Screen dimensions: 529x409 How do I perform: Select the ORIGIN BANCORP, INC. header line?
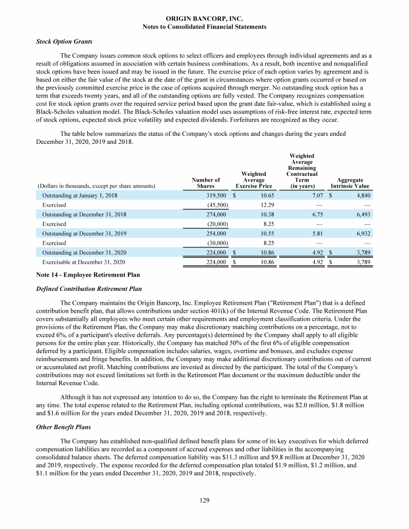pyautogui.click(x=204, y=19)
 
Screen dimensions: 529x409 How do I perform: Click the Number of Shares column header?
pyautogui.click(x=205, y=183)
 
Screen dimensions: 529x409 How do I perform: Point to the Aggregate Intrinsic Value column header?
pyautogui.click(x=350, y=183)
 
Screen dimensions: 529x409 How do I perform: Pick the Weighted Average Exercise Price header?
pyautogui.click(x=253, y=180)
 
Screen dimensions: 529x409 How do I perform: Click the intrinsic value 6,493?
pyautogui.click(x=360, y=214)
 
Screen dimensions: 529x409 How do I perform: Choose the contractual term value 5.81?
pyautogui.click(x=308, y=233)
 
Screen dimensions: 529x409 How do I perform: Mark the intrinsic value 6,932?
pyautogui.click(x=360, y=233)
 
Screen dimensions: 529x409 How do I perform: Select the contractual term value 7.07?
pyautogui.click(x=308, y=196)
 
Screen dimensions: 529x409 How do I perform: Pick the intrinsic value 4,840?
pyautogui.click(x=360, y=196)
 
